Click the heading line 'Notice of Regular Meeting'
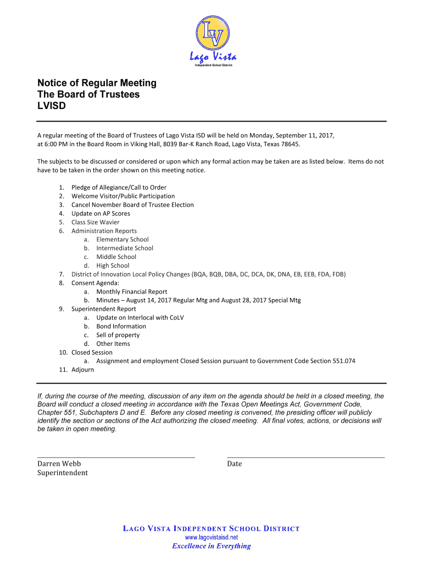(97, 83)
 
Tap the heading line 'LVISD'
(51, 106)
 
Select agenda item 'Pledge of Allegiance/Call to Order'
(119, 187)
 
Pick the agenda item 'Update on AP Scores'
(101, 213)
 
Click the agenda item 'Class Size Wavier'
(95, 222)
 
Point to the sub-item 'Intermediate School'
(125, 248)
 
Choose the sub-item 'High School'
(113, 266)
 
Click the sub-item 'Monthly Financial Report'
(132, 291)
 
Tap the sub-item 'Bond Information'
(121, 326)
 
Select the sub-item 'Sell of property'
(118, 335)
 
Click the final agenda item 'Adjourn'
(82, 370)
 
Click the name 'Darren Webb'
(59, 464)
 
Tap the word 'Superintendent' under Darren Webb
(63, 473)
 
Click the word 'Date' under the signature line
(234, 464)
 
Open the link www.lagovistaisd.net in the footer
(211, 537)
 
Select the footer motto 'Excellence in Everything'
(211, 546)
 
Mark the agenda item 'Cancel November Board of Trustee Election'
(132, 205)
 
